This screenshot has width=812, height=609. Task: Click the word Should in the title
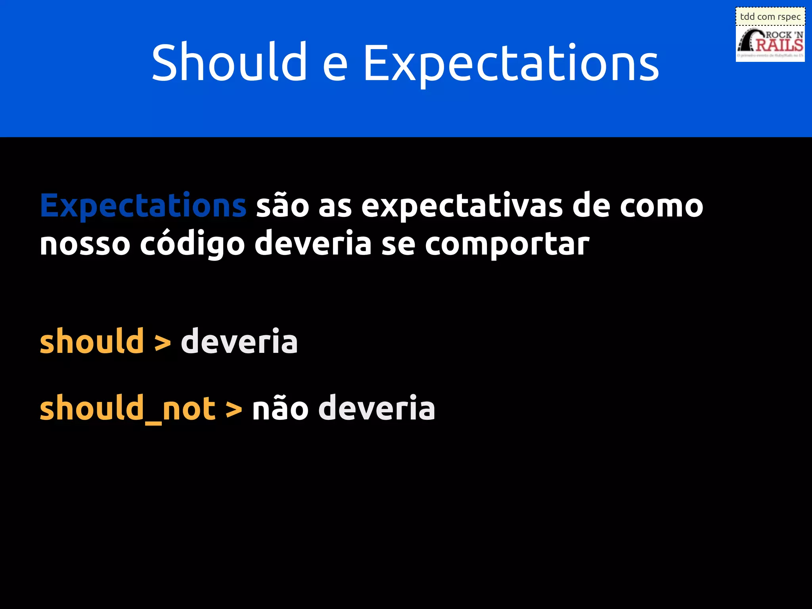click(x=229, y=63)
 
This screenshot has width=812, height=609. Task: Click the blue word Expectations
click(x=143, y=206)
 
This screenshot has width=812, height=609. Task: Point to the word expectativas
click(x=462, y=206)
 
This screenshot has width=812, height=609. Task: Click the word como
click(x=661, y=206)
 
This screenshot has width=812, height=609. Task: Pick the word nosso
click(x=85, y=244)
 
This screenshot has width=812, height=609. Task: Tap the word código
click(x=192, y=243)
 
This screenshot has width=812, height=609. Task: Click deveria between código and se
click(x=313, y=243)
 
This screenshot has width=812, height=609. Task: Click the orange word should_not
click(x=127, y=408)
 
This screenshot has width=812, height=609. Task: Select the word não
click(x=280, y=408)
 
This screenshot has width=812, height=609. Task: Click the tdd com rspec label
click(x=770, y=17)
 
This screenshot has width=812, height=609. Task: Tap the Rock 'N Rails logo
click(x=770, y=44)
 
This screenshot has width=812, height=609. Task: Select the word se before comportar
click(x=398, y=244)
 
